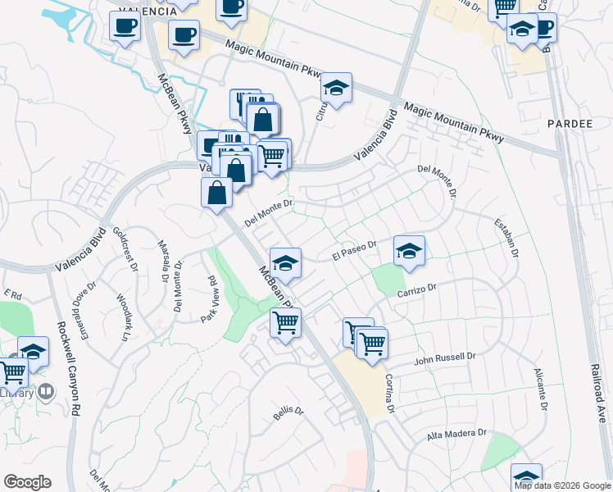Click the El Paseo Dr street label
(353, 249)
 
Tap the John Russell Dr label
(445, 358)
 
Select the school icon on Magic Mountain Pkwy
(336, 87)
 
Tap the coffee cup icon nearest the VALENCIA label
(125, 25)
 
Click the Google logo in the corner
(28, 482)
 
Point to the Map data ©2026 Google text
(561, 485)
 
